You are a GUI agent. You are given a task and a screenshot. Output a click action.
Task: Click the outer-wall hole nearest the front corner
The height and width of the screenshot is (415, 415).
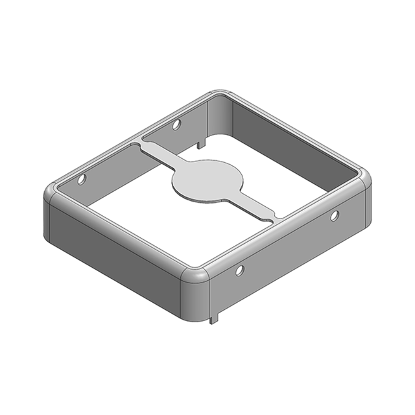240,269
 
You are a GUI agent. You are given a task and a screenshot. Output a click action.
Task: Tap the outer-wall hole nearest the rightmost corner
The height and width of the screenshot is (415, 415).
335,215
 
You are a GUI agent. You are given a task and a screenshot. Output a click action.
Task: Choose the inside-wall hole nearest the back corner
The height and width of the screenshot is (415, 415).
176,124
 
